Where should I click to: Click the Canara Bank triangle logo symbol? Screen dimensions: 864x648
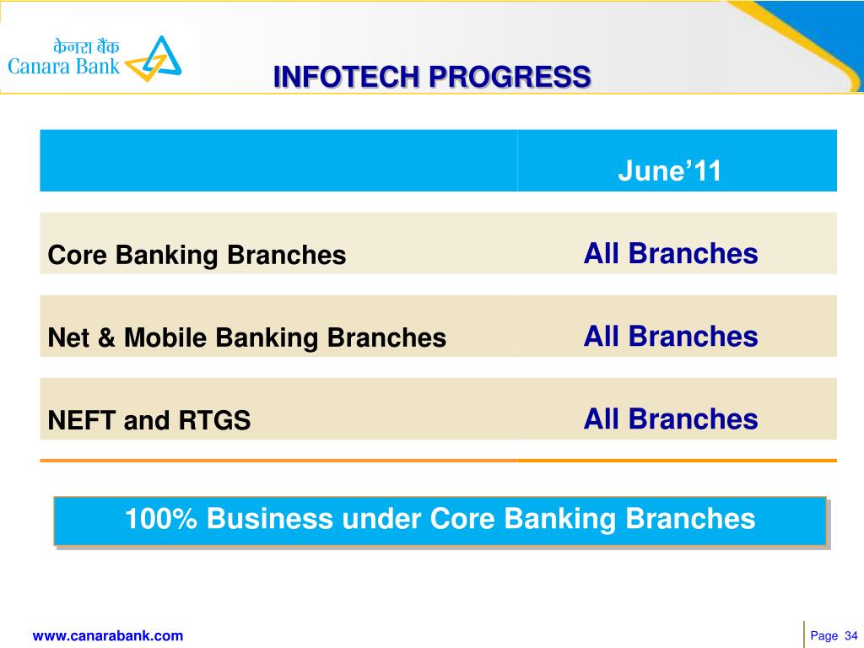[154, 59]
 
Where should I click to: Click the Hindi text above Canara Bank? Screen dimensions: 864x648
[86, 46]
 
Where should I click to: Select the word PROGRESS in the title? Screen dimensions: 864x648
[510, 77]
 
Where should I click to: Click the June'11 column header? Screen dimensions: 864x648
[669, 170]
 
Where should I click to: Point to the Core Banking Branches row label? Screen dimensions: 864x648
[197, 255]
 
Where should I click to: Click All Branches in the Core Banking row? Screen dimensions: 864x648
[671, 253]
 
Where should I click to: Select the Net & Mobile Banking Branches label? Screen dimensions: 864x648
[247, 337]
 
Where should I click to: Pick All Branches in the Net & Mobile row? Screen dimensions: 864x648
[671, 336]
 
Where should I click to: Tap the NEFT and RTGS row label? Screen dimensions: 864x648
[149, 420]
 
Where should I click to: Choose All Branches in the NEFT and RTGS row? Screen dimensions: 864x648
[671, 418]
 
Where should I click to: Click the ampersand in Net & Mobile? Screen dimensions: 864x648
[106, 337]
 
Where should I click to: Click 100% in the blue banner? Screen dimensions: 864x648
[160, 519]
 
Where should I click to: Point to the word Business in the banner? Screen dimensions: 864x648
[270, 519]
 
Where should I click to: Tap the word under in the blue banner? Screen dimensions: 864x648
[381, 520]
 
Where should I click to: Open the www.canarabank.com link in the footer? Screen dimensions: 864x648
[108, 636]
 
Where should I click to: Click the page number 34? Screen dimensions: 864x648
[850, 636]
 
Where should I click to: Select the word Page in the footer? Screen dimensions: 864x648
[823, 636]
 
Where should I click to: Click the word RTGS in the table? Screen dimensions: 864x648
[214, 420]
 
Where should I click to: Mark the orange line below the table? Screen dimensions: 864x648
[438, 460]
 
